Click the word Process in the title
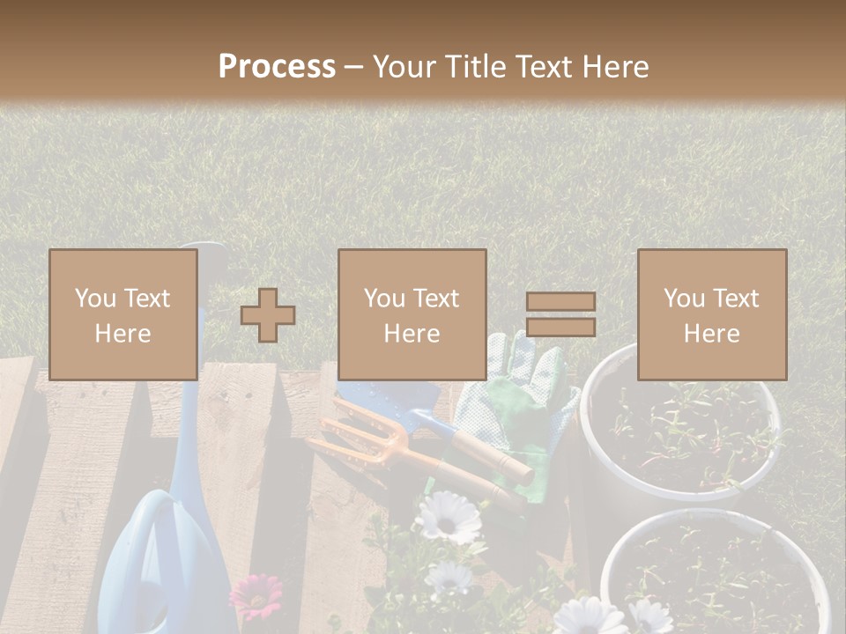point(277,67)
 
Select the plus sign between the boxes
point(268,315)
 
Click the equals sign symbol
point(560,314)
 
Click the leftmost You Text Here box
point(123,314)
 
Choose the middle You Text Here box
point(412,314)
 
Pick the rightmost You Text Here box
point(712,314)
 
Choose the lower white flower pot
point(714,572)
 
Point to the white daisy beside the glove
point(448,517)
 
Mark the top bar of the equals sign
point(560,301)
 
